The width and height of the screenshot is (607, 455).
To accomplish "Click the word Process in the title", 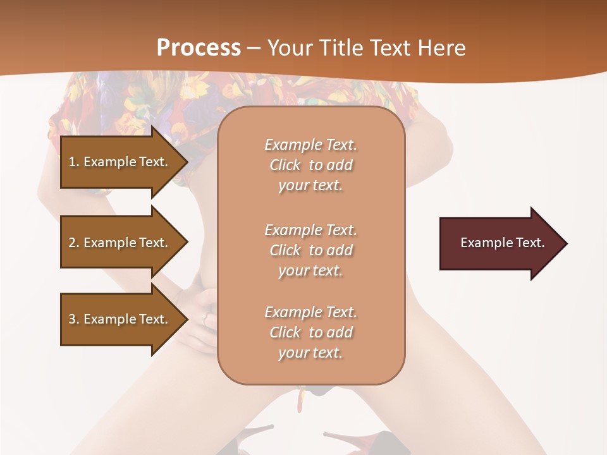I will pos(199,47).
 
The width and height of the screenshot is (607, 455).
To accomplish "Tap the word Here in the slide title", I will pos(441,47).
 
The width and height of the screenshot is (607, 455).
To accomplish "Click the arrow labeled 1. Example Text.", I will pos(120,162).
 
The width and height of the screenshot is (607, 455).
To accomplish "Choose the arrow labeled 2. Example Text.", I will pos(120,243).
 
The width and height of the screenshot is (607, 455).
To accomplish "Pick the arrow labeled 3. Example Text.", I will pos(120,319).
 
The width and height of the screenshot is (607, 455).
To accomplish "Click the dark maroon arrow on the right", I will pos(500,243).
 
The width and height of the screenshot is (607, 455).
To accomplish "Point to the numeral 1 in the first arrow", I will pos(72,162).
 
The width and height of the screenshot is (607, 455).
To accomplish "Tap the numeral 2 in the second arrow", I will pos(72,243).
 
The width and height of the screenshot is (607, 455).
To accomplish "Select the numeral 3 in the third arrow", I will pos(72,319).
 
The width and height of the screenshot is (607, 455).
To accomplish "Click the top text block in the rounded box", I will pos(310,165).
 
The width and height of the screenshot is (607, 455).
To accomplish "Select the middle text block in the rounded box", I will pos(310,250).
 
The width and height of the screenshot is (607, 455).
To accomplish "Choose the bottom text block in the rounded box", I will pos(310,332).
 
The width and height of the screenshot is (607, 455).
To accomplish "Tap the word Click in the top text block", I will pos(285,165).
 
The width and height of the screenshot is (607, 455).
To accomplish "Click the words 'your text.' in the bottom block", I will pos(310,353).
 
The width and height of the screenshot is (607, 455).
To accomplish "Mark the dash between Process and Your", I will pos(254,48).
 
